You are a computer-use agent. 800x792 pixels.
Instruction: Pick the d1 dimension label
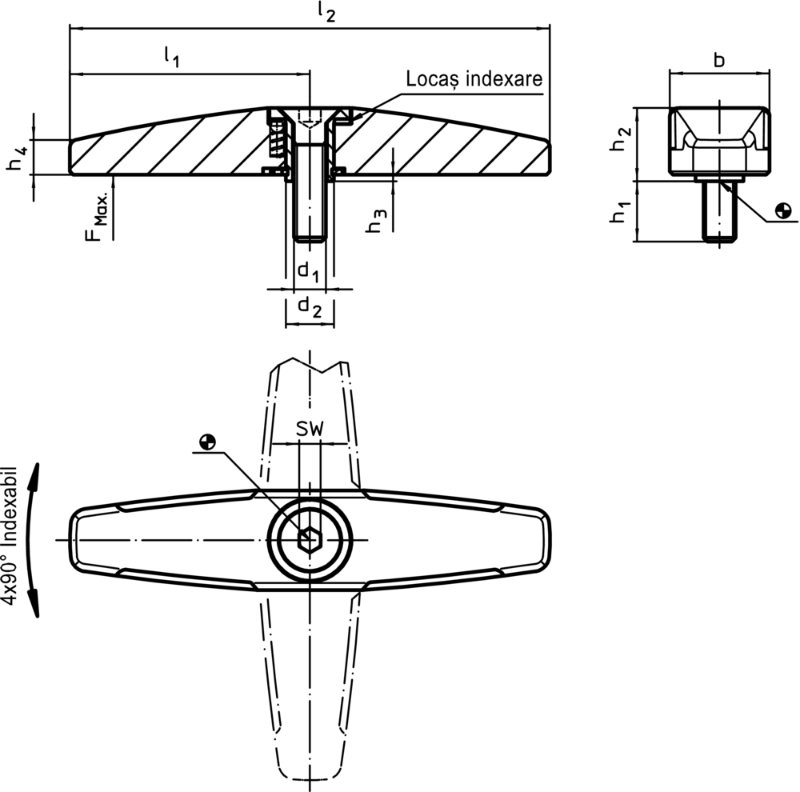[x=309, y=272]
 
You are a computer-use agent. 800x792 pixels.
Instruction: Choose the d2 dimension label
[x=310, y=306]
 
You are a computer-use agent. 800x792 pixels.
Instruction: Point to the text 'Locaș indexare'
[x=474, y=79]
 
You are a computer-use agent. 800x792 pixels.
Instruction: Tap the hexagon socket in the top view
[x=309, y=539]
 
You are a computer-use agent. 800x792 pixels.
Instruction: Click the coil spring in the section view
[x=278, y=140]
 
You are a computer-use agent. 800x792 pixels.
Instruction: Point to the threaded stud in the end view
[x=719, y=211]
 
